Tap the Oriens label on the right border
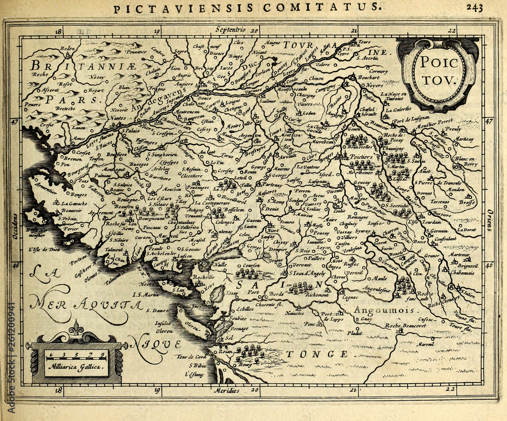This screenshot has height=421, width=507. coord(490,219)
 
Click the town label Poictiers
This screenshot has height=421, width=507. coord(361,157)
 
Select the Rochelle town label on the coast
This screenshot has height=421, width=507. coord(203,278)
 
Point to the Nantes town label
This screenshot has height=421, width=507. coord(117,118)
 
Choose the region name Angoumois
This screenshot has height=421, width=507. coord(378,310)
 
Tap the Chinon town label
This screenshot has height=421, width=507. coord(316,79)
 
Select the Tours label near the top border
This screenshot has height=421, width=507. coord(364,42)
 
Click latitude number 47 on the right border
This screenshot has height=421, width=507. coord(489,121)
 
